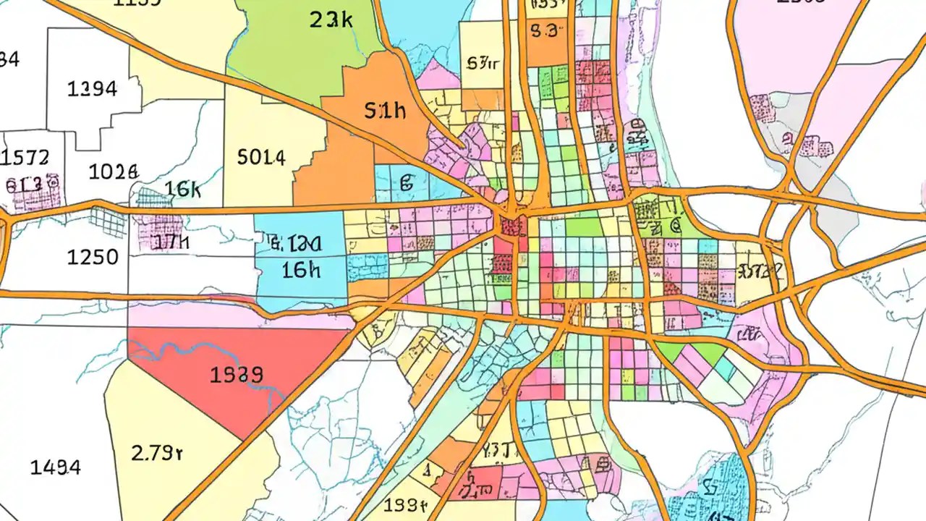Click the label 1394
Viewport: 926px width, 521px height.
point(92,89)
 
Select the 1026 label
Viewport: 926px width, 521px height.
point(113,172)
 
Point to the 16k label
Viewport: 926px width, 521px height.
point(182,190)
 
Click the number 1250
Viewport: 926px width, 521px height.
point(93,257)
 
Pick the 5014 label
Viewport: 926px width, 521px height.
point(261,157)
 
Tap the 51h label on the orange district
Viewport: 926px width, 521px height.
point(386,111)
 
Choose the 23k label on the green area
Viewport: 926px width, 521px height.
point(331,20)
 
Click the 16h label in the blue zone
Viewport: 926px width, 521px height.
point(301,270)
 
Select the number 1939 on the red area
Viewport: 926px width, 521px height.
point(236,375)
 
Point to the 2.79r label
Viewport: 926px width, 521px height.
point(157,453)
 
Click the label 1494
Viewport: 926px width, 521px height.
point(55,467)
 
